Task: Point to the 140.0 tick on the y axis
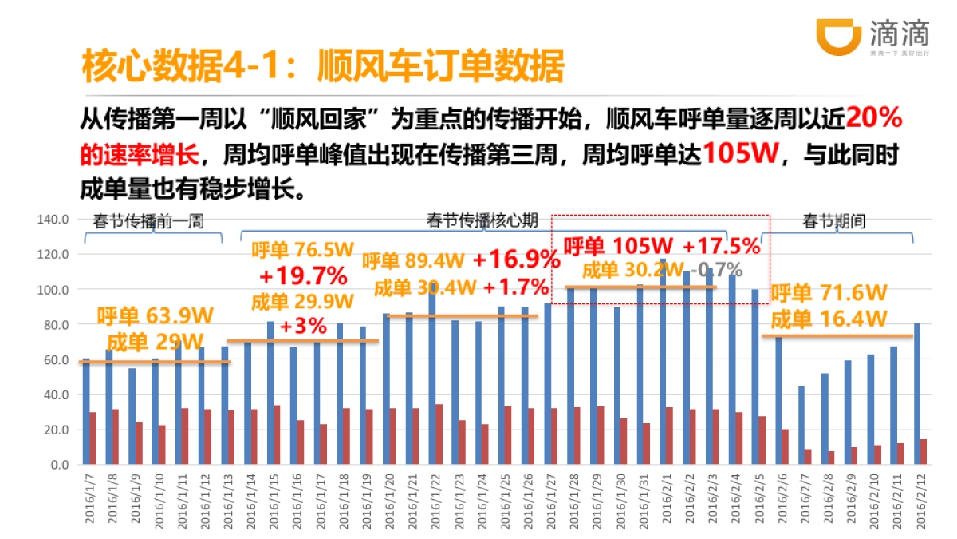(55, 219)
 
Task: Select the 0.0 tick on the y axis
(61, 464)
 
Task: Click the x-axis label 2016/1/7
(89, 499)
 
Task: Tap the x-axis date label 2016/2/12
(920, 499)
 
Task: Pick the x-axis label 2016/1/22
(435, 499)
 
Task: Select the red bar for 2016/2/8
(831, 458)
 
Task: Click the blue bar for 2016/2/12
(916, 394)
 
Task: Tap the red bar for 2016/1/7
(93, 438)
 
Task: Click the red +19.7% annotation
(303, 276)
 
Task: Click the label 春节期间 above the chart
(834, 221)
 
